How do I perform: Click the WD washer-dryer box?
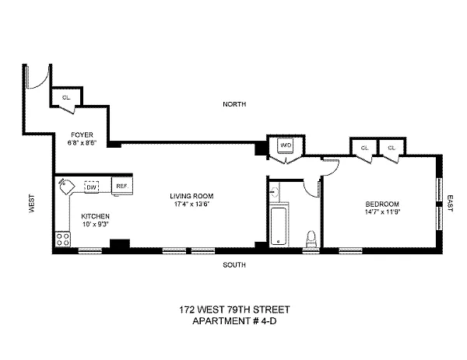(x=286, y=145)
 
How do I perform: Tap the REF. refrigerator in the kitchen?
(x=122, y=186)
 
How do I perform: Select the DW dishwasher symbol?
(x=92, y=187)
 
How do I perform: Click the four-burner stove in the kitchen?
(x=63, y=239)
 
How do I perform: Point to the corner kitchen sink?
(x=67, y=187)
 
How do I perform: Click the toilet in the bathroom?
(x=311, y=239)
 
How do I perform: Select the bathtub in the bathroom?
(x=279, y=226)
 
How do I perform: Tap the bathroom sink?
(x=275, y=190)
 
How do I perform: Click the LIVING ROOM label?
(x=191, y=196)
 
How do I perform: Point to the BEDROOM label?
(x=382, y=204)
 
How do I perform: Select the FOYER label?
(x=82, y=135)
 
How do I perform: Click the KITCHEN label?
(x=95, y=216)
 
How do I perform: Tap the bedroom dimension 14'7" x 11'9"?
(x=382, y=211)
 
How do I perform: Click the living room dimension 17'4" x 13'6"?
(x=191, y=204)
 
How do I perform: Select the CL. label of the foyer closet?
(x=66, y=97)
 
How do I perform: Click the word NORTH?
(x=234, y=104)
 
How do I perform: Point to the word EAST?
(x=450, y=204)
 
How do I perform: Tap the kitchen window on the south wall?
(x=90, y=251)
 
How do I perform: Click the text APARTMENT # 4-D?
(x=234, y=321)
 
